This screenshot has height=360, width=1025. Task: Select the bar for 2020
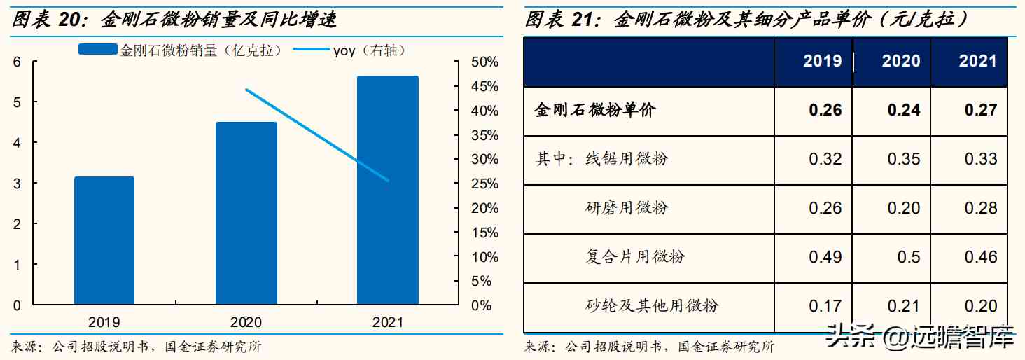[x=246, y=213]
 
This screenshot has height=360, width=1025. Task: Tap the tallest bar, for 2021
[x=387, y=190]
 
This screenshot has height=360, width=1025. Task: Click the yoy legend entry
[x=347, y=50]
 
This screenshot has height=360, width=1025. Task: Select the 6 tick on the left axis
[x=17, y=62]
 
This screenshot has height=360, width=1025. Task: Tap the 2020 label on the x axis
[x=246, y=322]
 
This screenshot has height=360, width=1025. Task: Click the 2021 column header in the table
[x=977, y=61]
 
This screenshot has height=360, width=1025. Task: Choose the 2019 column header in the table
[x=822, y=61]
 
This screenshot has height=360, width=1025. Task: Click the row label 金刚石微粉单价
[x=595, y=110]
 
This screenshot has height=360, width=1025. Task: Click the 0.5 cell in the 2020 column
[x=908, y=257]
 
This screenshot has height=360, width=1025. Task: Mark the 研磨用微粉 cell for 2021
[x=980, y=208]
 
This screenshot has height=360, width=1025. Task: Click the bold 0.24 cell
[x=903, y=110]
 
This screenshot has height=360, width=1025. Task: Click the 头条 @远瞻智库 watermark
[x=920, y=338]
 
